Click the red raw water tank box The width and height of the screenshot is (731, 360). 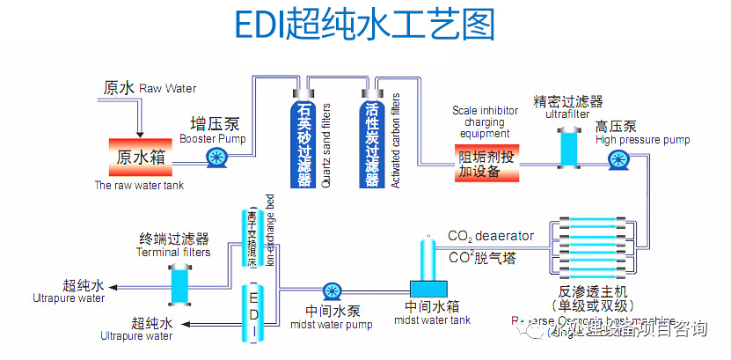click(140, 157)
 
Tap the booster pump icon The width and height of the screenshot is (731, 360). click(216, 158)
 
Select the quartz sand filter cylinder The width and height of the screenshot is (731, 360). click(304, 141)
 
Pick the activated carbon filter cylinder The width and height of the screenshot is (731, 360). click(372, 141)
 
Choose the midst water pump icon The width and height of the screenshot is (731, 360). click(332, 291)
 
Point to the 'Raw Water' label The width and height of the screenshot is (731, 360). click(168, 88)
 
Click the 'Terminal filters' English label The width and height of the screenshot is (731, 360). click(173, 253)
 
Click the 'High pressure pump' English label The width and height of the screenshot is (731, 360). click(642, 140)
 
